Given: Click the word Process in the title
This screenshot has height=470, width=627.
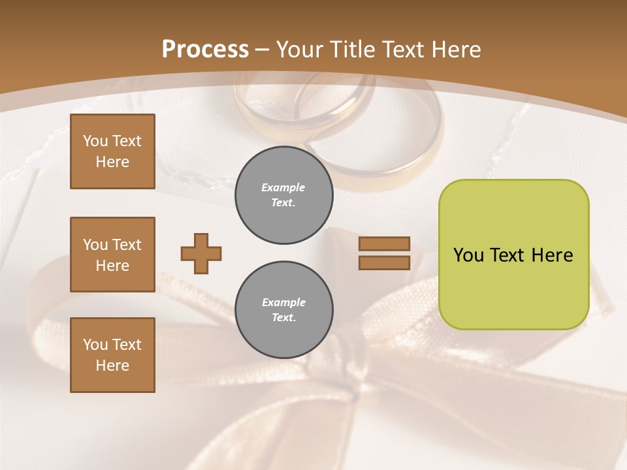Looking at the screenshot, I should [x=205, y=50].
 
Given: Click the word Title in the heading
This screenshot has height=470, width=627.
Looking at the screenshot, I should [x=351, y=50].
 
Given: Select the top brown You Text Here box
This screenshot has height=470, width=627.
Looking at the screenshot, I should [x=112, y=151].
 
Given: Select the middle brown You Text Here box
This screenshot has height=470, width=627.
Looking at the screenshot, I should [x=112, y=255].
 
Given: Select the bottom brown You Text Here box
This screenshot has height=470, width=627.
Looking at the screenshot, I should [x=112, y=355].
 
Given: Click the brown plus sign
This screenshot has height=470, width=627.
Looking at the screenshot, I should [x=201, y=253].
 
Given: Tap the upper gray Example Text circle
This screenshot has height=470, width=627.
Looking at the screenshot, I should [x=284, y=195].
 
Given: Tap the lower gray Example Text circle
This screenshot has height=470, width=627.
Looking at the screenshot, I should [x=284, y=310].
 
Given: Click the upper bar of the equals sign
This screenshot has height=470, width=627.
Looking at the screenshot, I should [x=385, y=243].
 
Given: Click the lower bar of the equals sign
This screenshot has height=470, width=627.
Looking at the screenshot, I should [x=385, y=262].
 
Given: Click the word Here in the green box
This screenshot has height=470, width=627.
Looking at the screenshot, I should [x=552, y=255].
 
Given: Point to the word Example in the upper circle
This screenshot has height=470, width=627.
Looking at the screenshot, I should [x=283, y=187].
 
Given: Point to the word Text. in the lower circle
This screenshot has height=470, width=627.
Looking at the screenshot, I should [x=284, y=318].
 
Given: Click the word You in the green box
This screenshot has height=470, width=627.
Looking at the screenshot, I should [x=468, y=255].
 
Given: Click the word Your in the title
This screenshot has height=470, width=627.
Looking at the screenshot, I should [x=301, y=50].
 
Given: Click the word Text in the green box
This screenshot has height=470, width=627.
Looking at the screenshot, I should [x=508, y=255].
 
